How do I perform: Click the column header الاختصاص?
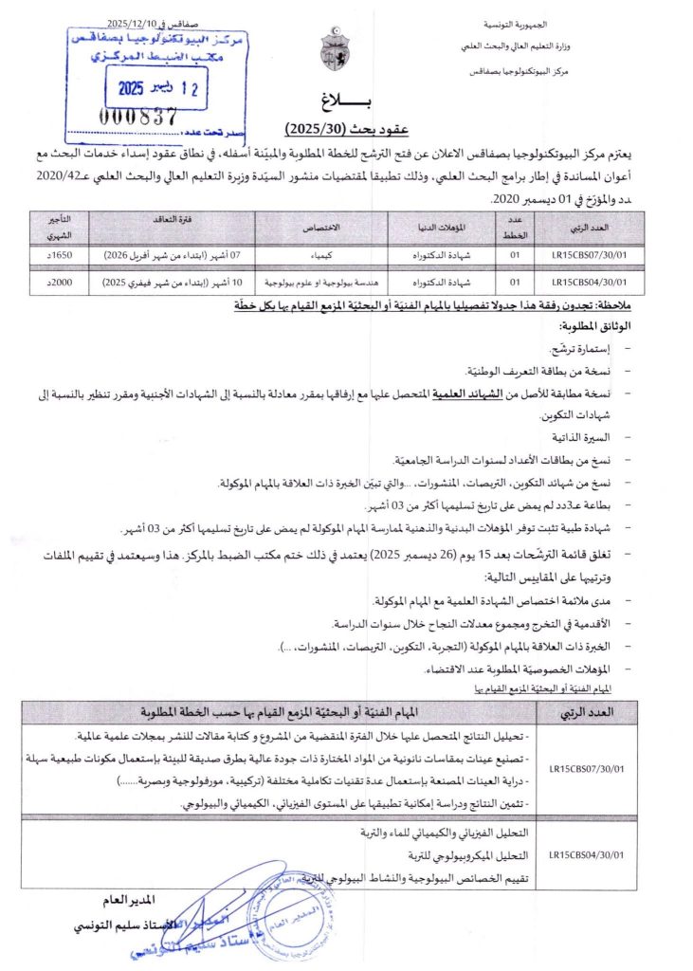coord(322,229)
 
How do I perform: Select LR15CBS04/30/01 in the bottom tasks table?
coord(586,855)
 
